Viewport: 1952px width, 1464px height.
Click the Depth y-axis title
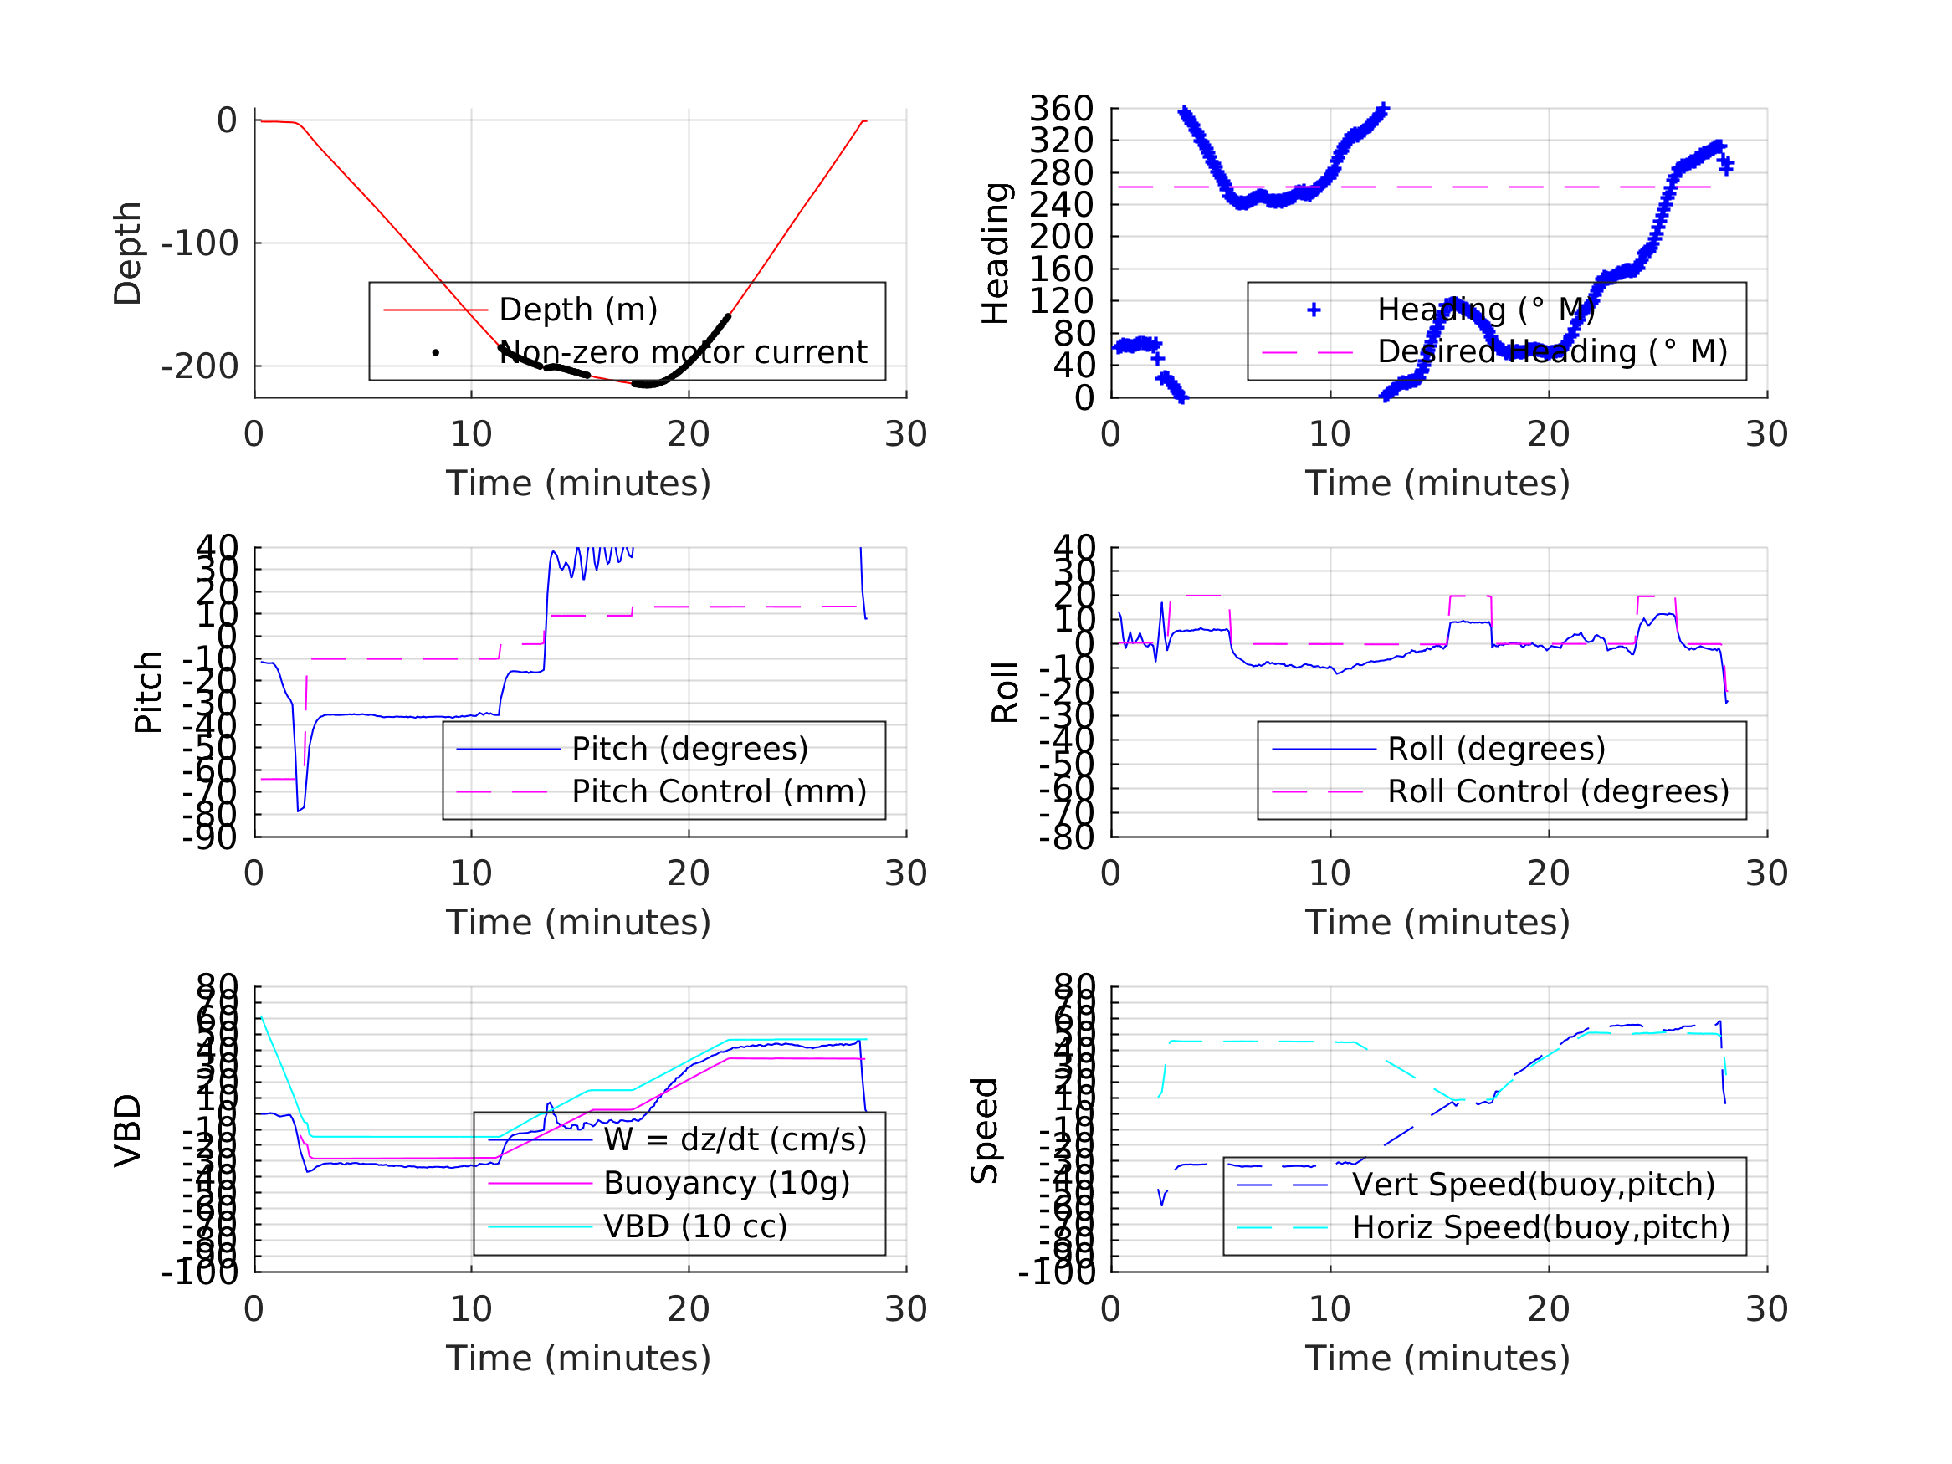point(128,253)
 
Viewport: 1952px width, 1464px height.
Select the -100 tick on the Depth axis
point(199,243)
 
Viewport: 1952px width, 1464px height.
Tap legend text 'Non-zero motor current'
point(683,352)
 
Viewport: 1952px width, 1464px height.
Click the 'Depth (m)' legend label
point(578,310)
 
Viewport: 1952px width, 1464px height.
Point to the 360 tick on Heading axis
point(1062,109)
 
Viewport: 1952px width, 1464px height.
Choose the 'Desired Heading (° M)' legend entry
point(1552,351)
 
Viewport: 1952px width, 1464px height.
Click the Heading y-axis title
point(996,253)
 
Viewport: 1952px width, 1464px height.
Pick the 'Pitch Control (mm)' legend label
point(720,791)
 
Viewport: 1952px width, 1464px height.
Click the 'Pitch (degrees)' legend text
point(690,749)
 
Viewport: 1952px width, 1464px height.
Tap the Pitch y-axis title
point(148,692)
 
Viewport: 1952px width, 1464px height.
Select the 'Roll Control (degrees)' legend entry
point(1559,791)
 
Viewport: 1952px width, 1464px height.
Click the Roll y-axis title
point(1005,692)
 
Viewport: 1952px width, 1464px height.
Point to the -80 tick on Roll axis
point(1067,837)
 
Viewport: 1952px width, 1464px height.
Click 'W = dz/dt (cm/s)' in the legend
point(735,1140)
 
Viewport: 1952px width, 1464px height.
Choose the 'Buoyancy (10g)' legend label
point(726,1183)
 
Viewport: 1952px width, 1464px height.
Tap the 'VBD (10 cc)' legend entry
point(695,1226)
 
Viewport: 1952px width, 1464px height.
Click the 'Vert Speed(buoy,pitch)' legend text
point(1534,1185)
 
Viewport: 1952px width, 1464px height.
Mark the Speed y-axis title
point(985,1129)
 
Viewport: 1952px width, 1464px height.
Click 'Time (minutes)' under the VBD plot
point(578,1358)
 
